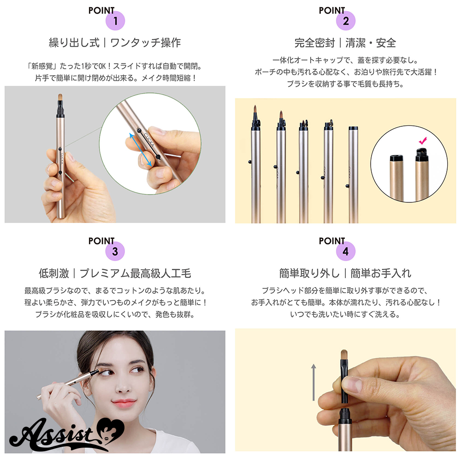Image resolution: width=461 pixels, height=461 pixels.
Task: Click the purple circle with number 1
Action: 115,21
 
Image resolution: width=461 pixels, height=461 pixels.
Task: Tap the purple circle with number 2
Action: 346,21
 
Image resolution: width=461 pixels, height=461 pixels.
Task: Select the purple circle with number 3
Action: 115,251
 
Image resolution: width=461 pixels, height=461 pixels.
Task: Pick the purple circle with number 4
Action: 346,251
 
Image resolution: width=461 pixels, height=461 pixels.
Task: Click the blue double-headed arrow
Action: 141,149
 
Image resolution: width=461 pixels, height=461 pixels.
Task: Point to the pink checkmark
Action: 423,141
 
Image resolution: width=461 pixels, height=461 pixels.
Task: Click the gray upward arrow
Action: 313,382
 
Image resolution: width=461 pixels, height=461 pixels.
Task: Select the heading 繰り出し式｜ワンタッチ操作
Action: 115,43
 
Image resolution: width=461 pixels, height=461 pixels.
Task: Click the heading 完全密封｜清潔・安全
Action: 345,43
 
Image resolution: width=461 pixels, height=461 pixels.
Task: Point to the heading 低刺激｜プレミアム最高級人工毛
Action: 115,273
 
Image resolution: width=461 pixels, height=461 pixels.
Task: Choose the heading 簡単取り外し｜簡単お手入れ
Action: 345,273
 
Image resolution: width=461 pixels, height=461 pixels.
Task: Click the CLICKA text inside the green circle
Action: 149,140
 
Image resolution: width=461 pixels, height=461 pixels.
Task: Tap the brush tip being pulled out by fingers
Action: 344,356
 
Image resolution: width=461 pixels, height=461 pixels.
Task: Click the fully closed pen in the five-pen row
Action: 354,174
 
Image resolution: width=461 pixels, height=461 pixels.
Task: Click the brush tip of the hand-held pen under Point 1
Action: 60,98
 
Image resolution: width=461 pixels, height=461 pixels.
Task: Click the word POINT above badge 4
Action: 332,241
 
